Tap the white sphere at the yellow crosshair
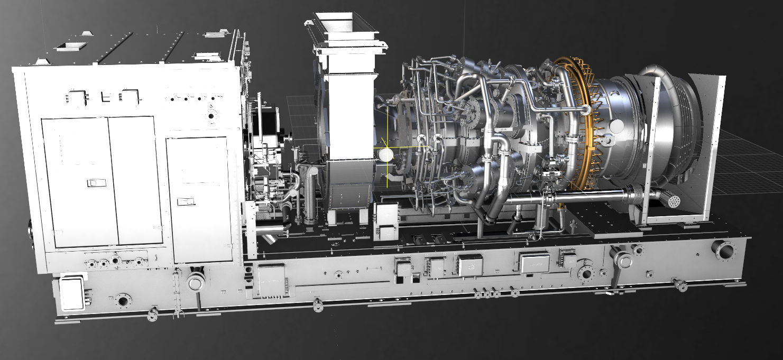click(385, 154)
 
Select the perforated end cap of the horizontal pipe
click(673, 202)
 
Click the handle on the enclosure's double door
click(96, 183)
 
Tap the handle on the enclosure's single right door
click(186, 201)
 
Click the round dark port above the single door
click(211, 116)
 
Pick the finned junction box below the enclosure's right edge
click(271, 280)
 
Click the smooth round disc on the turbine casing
click(616, 126)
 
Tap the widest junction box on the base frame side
click(535, 263)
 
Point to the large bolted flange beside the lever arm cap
click(586, 273)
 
